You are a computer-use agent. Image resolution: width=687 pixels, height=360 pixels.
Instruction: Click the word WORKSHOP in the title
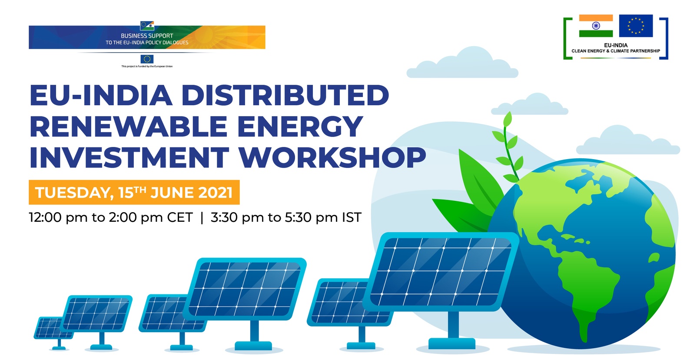[x=332, y=157]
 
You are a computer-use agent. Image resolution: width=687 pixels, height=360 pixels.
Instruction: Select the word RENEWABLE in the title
[x=128, y=126]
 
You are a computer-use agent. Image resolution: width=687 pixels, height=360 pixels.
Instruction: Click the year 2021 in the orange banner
[x=216, y=193]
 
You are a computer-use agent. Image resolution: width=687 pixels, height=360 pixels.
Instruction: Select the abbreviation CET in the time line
[x=180, y=217]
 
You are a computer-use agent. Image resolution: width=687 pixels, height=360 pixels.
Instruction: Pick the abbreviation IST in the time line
[x=352, y=217]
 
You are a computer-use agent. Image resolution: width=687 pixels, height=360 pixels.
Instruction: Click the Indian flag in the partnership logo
[x=596, y=26]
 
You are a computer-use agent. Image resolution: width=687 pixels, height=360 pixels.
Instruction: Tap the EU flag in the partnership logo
[x=636, y=26]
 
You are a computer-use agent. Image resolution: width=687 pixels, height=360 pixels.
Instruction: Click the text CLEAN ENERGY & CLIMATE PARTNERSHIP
[x=616, y=51]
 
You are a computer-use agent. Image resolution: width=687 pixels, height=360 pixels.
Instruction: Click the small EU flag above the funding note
[x=147, y=59]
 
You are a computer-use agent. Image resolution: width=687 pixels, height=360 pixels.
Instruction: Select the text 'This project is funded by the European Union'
[x=147, y=66]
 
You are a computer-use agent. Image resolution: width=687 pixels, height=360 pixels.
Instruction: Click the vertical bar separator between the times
[x=202, y=218]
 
